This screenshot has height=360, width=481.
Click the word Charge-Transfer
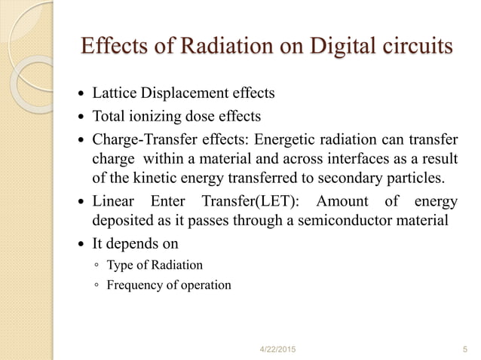143,139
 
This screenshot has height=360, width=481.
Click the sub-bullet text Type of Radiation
155,265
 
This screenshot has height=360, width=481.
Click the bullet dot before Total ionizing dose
82,117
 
